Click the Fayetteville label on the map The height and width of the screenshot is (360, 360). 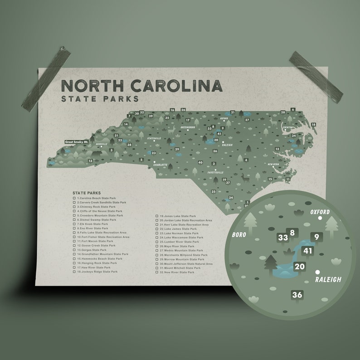(x=215, y=173)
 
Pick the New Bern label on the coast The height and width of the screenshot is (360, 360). (x=273, y=164)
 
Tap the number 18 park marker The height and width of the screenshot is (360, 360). (x=313, y=124)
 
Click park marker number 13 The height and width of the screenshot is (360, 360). (x=90, y=161)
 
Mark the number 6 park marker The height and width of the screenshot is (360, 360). (x=293, y=110)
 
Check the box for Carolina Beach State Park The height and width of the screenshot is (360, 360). (x=75, y=198)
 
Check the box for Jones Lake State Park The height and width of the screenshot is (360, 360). (x=157, y=217)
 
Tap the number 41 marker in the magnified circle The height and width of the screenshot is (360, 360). (x=308, y=251)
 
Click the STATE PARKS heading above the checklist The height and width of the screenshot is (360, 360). (x=87, y=193)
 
